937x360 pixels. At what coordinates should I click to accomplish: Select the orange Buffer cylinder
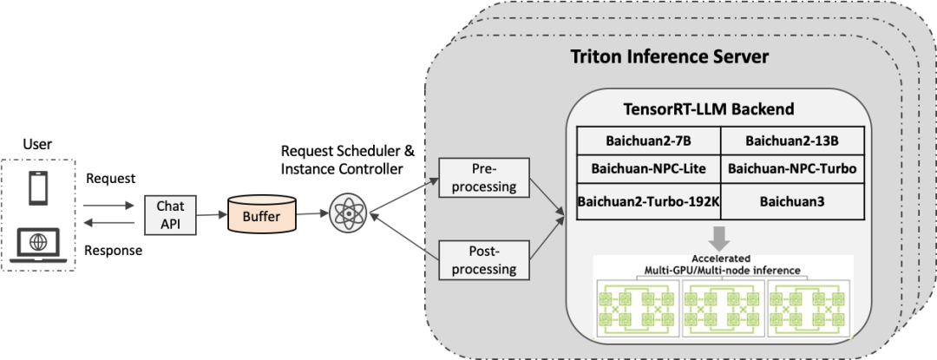point(261,216)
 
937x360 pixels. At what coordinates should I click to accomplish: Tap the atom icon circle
point(348,213)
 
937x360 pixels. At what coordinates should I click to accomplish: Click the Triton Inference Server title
point(670,57)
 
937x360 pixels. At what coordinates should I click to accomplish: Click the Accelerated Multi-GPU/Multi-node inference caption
point(722,265)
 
